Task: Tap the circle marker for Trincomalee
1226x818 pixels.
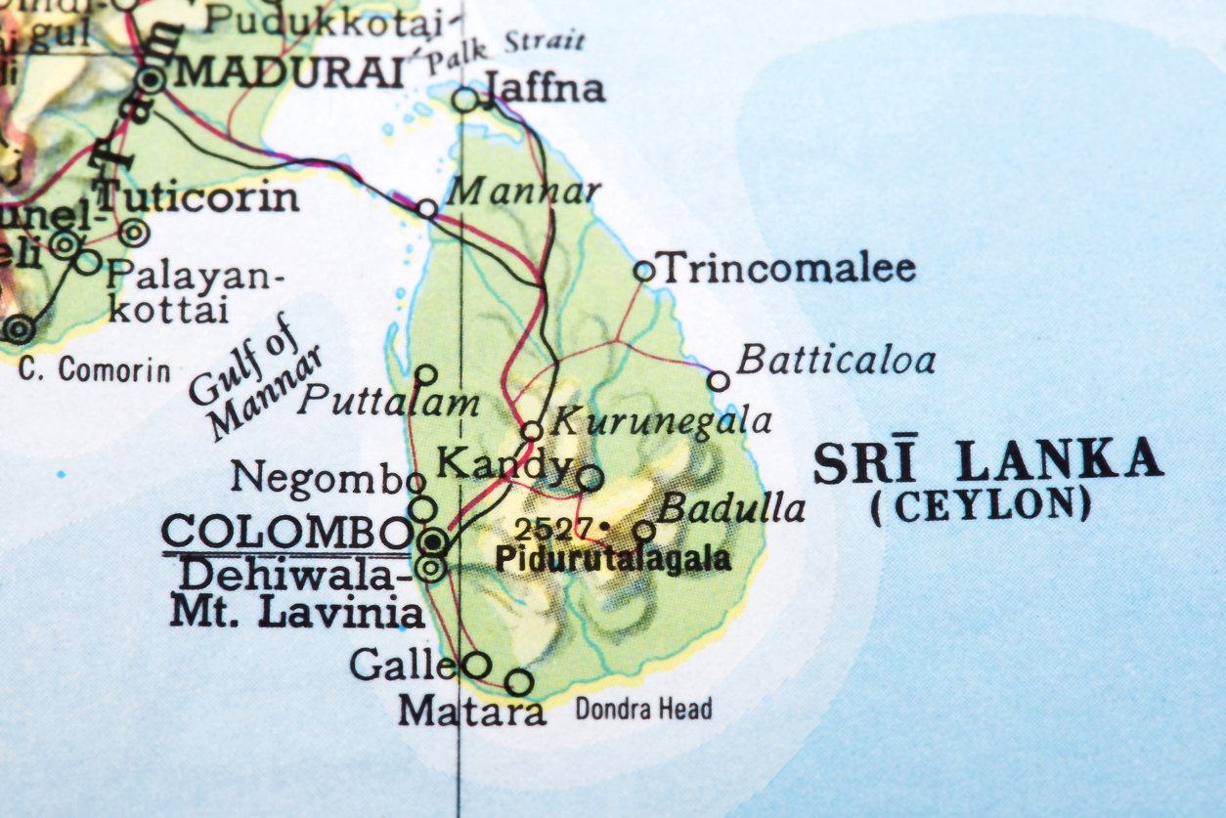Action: click(643, 271)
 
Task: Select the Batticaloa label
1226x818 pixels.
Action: click(836, 361)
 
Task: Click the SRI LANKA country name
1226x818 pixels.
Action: click(988, 461)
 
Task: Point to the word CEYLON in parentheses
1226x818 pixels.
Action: click(982, 506)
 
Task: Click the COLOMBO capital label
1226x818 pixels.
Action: click(286, 534)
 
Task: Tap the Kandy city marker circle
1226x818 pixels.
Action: click(590, 478)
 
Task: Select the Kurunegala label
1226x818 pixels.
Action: click(662, 421)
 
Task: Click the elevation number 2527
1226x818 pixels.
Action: click(553, 530)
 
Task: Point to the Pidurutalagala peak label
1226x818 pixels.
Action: click(613, 560)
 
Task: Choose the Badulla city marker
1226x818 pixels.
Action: click(644, 531)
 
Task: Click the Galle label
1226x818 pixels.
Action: click(402, 665)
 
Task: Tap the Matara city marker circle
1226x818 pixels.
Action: click(519, 682)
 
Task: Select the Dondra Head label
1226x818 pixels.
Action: click(643, 710)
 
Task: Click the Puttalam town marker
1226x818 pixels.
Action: click(426, 374)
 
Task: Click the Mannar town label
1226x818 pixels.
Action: click(523, 192)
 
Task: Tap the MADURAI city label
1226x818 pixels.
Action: click(288, 72)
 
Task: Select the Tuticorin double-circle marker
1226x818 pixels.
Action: click(134, 233)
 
